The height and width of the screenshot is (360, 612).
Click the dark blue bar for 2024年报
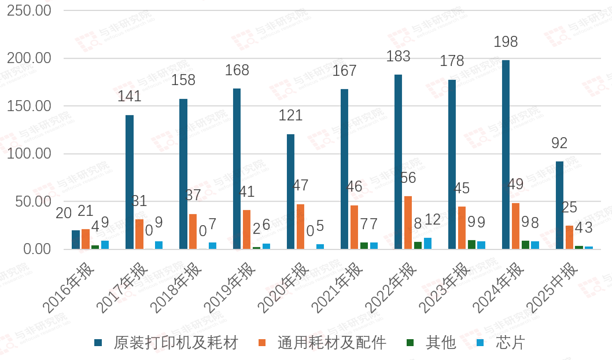tap(506, 155)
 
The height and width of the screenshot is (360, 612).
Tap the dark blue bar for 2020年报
tap(290, 192)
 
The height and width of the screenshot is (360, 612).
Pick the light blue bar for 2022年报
tap(427, 244)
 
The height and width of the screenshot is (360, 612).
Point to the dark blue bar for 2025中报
tap(559, 205)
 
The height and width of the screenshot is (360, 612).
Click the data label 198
tap(506, 42)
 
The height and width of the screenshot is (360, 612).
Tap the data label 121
tap(290, 115)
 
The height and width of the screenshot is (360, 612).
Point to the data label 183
tap(399, 56)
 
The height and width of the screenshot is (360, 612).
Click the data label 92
tap(559, 142)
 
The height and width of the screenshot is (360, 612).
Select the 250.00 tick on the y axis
tap(30, 11)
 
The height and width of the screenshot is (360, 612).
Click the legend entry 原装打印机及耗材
tap(168, 343)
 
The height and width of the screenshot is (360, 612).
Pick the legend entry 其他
tap(434, 343)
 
